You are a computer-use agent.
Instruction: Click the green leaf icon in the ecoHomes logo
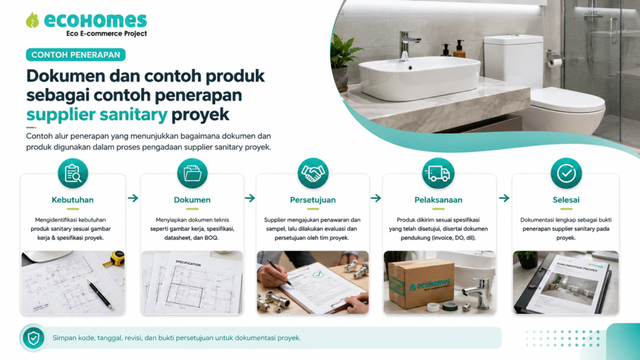pyautogui.click(x=32, y=20)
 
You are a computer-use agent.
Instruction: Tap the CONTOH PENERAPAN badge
pyautogui.click(x=76, y=55)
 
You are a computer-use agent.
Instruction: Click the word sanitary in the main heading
pyautogui.click(x=133, y=114)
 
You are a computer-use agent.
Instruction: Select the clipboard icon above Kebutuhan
pyautogui.click(x=73, y=174)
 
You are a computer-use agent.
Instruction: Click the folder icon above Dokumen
pyautogui.click(x=192, y=174)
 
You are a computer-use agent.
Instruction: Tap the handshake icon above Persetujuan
pyautogui.click(x=313, y=174)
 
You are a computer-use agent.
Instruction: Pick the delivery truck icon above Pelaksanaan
pyautogui.click(x=438, y=174)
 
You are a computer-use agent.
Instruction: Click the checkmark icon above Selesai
pyautogui.click(x=566, y=174)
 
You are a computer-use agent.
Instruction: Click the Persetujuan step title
pyautogui.click(x=313, y=200)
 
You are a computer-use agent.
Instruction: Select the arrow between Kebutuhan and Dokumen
pyautogui.click(x=133, y=198)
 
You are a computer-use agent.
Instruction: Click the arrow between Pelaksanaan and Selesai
pyautogui.click(x=504, y=198)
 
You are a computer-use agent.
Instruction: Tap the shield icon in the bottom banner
pyautogui.click(x=34, y=338)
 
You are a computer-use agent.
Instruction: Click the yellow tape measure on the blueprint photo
pyautogui.click(x=116, y=258)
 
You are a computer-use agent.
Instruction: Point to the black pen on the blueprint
pyautogui.click(x=99, y=294)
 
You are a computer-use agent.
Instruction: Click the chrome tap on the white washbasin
pyautogui.click(x=407, y=45)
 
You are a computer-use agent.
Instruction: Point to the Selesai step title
pyautogui.click(x=566, y=200)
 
